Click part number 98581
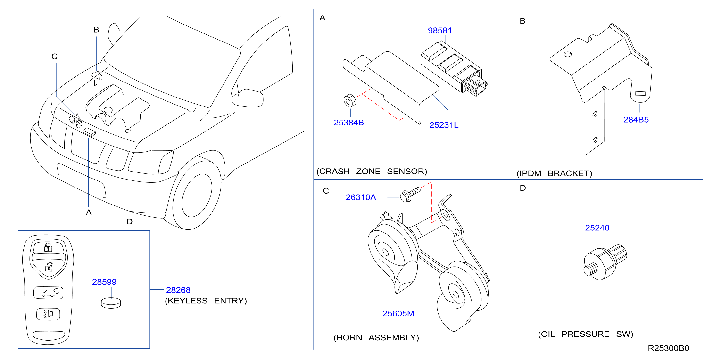click(x=440, y=30)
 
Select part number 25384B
click(x=349, y=123)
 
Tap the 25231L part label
click(x=444, y=125)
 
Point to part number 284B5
click(x=636, y=120)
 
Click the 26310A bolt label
click(x=361, y=197)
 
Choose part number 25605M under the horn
click(x=398, y=314)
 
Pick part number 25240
click(x=597, y=228)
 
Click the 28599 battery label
click(x=104, y=282)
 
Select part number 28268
click(x=178, y=290)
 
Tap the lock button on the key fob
click(x=49, y=247)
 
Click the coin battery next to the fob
click(x=111, y=303)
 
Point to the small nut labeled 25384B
click(x=350, y=101)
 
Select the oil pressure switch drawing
click(x=605, y=262)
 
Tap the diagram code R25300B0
click(x=668, y=348)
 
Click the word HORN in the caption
click(x=348, y=338)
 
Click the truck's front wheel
click(x=197, y=195)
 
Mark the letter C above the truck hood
click(x=54, y=57)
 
